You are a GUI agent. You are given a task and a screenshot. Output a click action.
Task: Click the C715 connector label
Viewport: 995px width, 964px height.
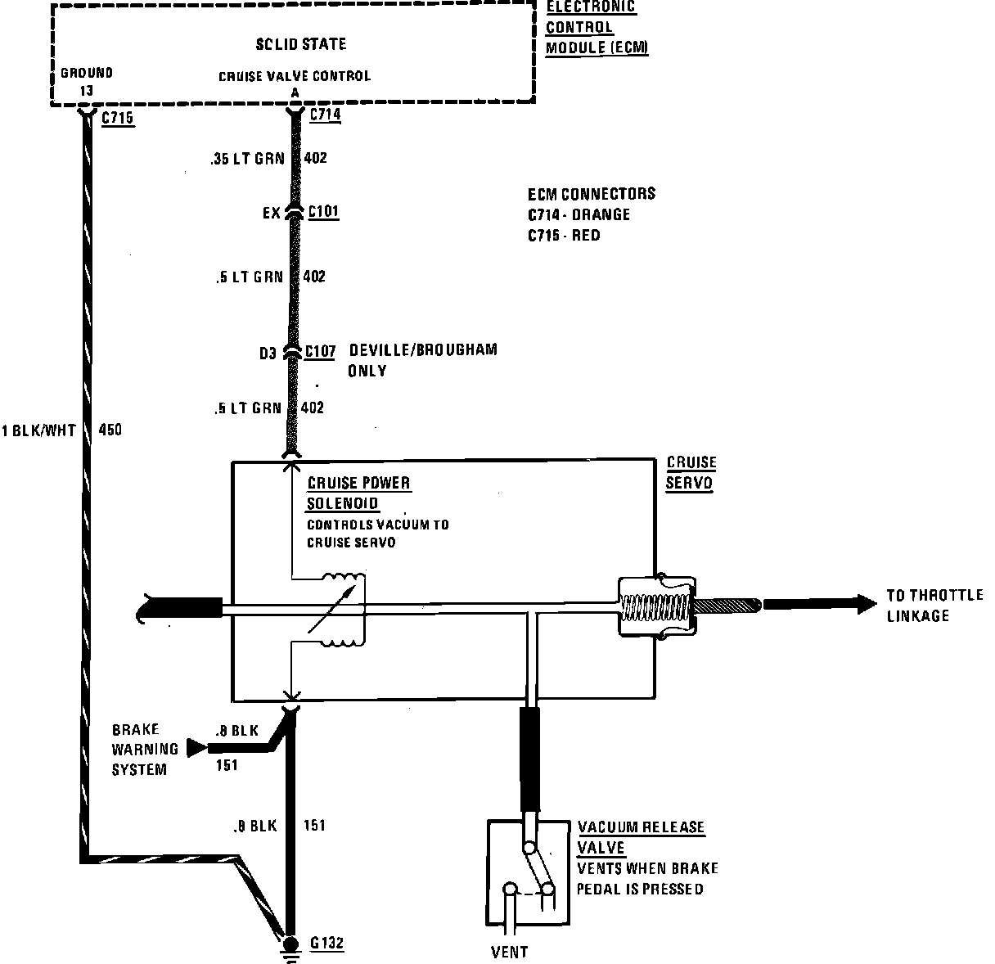[x=117, y=119]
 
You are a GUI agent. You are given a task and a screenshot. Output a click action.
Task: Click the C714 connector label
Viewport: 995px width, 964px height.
[x=325, y=115]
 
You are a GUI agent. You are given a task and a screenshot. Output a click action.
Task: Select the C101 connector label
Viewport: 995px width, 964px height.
[x=323, y=213]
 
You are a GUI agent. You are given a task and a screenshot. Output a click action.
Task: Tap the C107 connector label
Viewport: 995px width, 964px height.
[x=320, y=352]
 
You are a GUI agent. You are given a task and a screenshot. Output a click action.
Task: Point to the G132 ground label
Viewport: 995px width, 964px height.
[x=327, y=944]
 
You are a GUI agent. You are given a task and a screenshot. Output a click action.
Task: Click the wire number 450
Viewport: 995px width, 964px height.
[x=110, y=429]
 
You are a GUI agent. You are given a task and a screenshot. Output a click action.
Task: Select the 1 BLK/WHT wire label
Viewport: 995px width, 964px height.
[x=39, y=430]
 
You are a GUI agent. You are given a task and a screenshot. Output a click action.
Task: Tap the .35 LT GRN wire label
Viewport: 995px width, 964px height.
[x=247, y=159]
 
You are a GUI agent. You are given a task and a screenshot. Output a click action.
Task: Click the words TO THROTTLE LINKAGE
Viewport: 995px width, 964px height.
[x=933, y=605]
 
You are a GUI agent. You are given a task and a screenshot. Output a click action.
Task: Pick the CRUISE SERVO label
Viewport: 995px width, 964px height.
[x=691, y=472]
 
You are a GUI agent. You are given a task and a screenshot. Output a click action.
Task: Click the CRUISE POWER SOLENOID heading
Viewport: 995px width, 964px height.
[x=358, y=493]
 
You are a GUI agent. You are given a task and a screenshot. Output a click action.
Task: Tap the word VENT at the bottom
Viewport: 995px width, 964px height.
[x=509, y=952]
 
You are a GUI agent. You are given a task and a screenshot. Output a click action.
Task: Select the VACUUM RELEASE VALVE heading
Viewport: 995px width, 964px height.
[x=640, y=836]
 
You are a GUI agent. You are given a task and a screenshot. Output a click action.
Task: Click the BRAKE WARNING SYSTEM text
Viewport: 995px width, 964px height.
[x=145, y=749]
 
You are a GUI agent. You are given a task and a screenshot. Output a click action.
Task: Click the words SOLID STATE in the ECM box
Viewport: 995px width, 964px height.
[x=300, y=44]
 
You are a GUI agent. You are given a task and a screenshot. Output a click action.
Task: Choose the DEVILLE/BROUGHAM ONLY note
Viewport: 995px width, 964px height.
[x=422, y=360]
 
